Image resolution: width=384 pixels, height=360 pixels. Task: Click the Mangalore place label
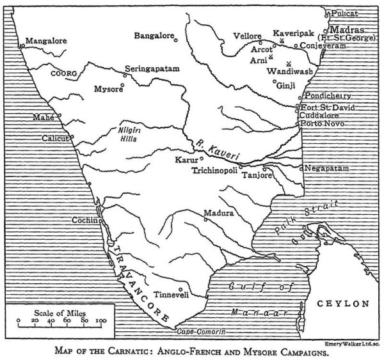pos(47,40)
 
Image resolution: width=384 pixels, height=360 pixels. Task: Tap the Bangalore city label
pos(154,36)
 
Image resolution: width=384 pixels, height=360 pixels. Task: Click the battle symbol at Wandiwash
pos(289,63)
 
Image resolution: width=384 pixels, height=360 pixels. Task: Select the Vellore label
pos(248,36)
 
